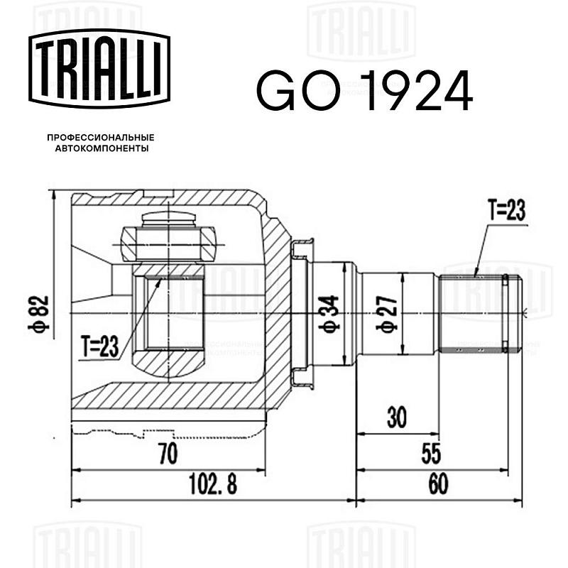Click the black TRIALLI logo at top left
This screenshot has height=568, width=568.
(x=99, y=69)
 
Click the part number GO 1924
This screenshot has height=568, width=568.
(x=365, y=91)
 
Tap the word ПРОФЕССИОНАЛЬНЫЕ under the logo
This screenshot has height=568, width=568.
(x=101, y=138)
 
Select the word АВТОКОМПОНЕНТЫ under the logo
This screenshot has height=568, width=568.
(x=102, y=148)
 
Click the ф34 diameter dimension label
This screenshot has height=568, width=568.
(x=329, y=314)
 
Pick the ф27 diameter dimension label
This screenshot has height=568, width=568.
(x=387, y=314)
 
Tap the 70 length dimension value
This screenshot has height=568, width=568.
(x=169, y=454)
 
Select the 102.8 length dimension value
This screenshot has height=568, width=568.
(x=213, y=484)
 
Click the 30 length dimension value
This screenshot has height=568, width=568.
(x=397, y=417)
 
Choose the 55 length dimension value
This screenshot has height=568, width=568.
(x=431, y=454)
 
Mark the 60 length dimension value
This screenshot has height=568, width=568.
(x=438, y=484)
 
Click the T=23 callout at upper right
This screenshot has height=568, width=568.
(x=507, y=210)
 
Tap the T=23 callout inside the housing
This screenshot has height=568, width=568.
(x=100, y=346)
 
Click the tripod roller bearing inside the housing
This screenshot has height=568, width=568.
(x=168, y=244)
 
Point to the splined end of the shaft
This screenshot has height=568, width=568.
(x=481, y=314)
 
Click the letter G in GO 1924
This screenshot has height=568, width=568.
(x=275, y=91)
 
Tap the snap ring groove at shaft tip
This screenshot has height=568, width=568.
(x=505, y=314)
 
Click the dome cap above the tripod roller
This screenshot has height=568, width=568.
(x=169, y=219)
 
